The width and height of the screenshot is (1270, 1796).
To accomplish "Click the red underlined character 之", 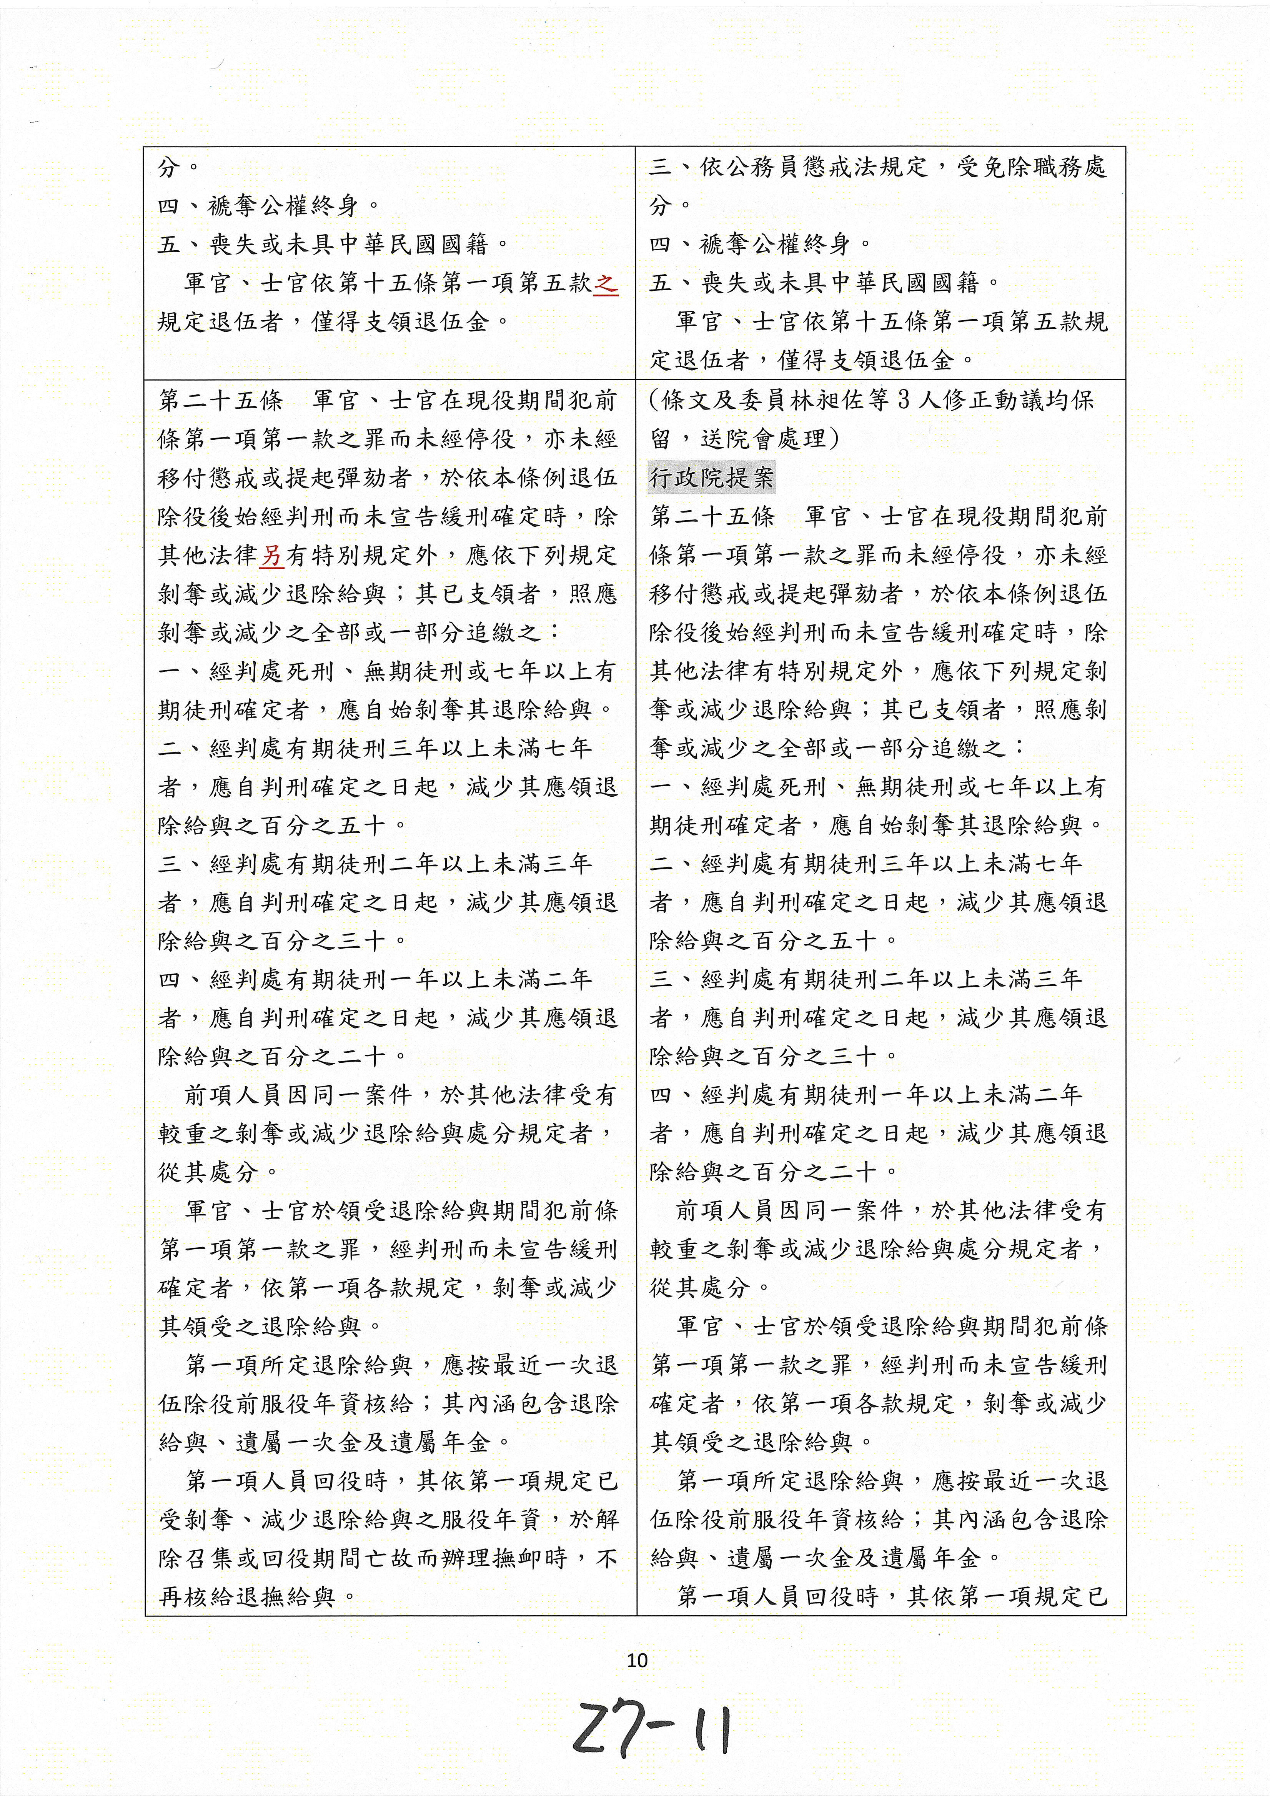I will (x=605, y=283).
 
